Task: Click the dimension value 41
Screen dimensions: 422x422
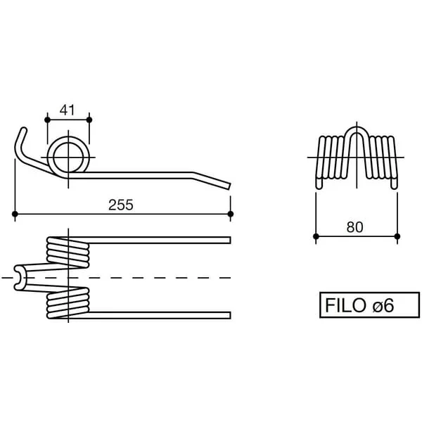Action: pyautogui.click(x=68, y=110)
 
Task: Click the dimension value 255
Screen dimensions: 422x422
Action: pyautogui.click(x=121, y=205)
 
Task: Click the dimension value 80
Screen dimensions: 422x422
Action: pyautogui.click(x=354, y=227)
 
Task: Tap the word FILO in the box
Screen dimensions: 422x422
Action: pyautogui.click(x=345, y=305)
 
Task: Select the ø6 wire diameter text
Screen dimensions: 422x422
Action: pyautogui.click(x=383, y=305)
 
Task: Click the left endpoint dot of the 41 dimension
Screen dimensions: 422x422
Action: pyautogui.click(x=47, y=120)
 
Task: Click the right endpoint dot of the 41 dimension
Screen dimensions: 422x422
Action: pyautogui.click(x=89, y=120)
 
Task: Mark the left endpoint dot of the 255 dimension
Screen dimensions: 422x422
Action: pyautogui.click(x=15, y=214)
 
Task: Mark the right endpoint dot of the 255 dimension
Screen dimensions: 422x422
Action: pyautogui.click(x=231, y=214)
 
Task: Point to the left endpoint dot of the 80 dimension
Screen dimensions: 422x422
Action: pyautogui.click(x=316, y=236)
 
